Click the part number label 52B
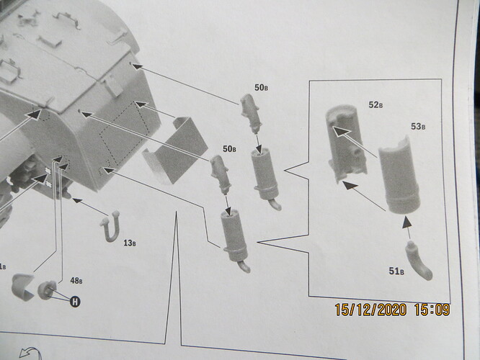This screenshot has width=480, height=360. pyautogui.click(x=375, y=105)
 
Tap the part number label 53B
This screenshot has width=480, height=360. pyautogui.click(x=418, y=126)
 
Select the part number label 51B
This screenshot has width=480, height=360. pyautogui.click(x=396, y=271)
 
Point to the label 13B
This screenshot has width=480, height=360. pyautogui.click(x=130, y=243)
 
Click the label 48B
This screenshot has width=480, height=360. pyautogui.click(x=76, y=281)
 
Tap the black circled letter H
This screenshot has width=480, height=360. pyautogui.click(x=75, y=302)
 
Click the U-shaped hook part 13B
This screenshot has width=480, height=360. pyautogui.click(x=110, y=226)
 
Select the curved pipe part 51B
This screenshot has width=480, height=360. pyautogui.click(x=418, y=261)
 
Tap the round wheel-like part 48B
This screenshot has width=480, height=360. pyautogui.click(x=47, y=290)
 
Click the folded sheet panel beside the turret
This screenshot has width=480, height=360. pyautogui.click(x=174, y=150)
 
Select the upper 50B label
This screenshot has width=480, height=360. pyautogui.click(x=261, y=88)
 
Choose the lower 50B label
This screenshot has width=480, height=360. pyautogui.click(x=229, y=149)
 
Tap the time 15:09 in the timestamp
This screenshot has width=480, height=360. pyautogui.click(x=432, y=310)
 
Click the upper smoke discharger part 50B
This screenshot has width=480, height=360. pyautogui.click(x=251, y=114)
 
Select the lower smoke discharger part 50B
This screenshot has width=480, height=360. pyautogui.click(x=220, y=174)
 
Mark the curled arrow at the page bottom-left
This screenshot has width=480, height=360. pyautogui.click(x=30, y=353)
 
